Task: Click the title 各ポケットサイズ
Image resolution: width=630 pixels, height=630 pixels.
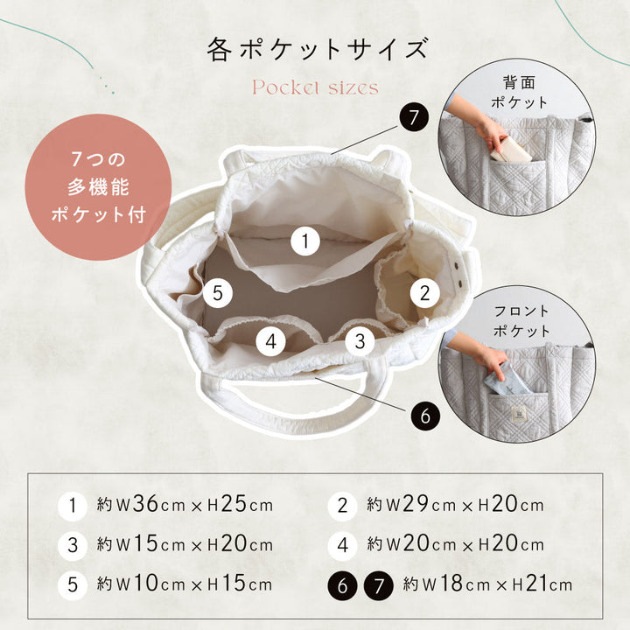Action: (317, 49)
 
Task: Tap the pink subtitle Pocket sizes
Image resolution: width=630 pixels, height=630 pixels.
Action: (315, 87)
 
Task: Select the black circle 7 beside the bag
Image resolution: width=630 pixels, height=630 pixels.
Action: (414, 117)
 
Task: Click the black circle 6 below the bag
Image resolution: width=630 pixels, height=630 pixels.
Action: (425, 416)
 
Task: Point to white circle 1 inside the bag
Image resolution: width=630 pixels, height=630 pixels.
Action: (305, 241)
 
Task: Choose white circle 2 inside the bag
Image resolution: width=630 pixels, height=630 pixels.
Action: (424, 293)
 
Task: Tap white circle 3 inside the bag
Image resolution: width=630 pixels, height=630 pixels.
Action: (360, 341)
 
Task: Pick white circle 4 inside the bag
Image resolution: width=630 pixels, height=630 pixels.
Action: (270, 341)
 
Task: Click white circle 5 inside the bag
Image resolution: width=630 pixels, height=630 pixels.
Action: (217, 293)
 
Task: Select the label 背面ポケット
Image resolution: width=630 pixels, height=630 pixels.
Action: (519, 93)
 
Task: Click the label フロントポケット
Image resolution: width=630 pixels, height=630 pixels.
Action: (521, 320)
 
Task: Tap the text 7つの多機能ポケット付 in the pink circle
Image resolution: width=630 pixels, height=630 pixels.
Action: (98, 187)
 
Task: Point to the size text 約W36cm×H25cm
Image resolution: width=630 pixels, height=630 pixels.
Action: (185, 505)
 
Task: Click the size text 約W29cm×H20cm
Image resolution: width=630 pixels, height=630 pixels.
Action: (455, 505)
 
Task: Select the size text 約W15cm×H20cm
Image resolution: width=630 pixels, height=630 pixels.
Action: (185, 544)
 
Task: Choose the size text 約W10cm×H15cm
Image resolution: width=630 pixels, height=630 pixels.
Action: (185, 584)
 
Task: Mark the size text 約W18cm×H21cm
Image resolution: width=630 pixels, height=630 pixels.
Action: (487, 584)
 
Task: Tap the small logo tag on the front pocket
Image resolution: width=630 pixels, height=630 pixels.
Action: (517, 414)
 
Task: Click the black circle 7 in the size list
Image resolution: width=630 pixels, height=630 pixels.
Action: (379, 585)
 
